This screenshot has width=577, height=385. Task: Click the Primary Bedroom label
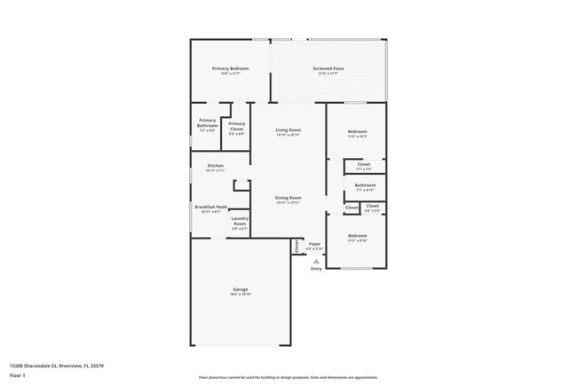230,68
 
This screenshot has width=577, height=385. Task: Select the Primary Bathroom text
208,123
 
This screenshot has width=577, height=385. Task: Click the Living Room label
288,130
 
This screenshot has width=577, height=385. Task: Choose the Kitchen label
215,166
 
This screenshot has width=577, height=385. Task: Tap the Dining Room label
288,198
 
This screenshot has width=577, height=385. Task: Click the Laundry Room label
240,221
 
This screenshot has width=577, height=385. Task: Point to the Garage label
241,289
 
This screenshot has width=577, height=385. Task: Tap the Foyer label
314,243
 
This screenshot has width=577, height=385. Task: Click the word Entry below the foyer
316,269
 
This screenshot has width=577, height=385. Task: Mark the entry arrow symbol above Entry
316,262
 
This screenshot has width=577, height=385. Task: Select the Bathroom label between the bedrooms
366,185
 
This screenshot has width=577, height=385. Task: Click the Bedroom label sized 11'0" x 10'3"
357,131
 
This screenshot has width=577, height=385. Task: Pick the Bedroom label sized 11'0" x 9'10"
357,236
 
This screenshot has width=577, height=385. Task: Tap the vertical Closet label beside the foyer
297,246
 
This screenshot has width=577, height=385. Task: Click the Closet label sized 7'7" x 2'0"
364,164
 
